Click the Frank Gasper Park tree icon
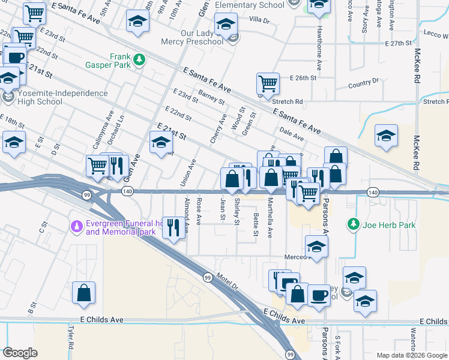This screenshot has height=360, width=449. (x=139, y=59)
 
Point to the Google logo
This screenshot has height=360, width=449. (x=20, y=353)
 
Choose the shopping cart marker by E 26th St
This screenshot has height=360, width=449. (x=268, y=83)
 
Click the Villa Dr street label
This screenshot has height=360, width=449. (x=259, y=20)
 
